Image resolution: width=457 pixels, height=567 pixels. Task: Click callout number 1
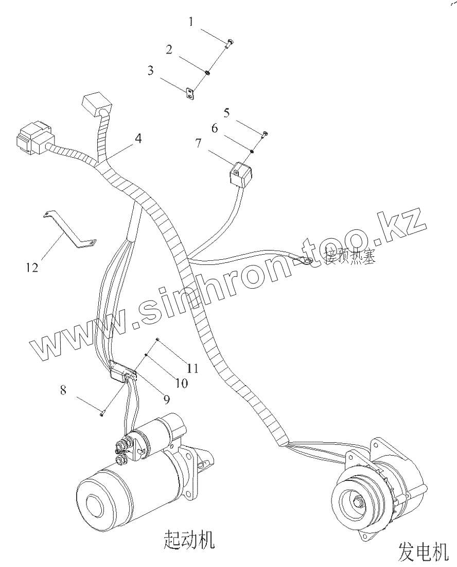pyautogui.click(x=191, y=22)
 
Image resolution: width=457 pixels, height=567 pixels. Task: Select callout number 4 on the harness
pyautogui.click(x=138, y=139)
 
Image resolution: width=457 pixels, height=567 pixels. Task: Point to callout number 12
pyautogui.click(x=32, y=268)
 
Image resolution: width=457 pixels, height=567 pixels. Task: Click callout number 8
pyautogui.click(x=63, y=390)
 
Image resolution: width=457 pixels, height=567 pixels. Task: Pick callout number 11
pyautogui.click(x=193, y=368)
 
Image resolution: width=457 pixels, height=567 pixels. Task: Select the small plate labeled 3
pyautogui.click(x=190, y=93)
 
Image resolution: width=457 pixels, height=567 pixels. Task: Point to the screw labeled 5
pyautogui.click(x=265, y=135)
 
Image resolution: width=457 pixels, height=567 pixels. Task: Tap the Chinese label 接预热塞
pyautogui.click(x=350, y=256)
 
